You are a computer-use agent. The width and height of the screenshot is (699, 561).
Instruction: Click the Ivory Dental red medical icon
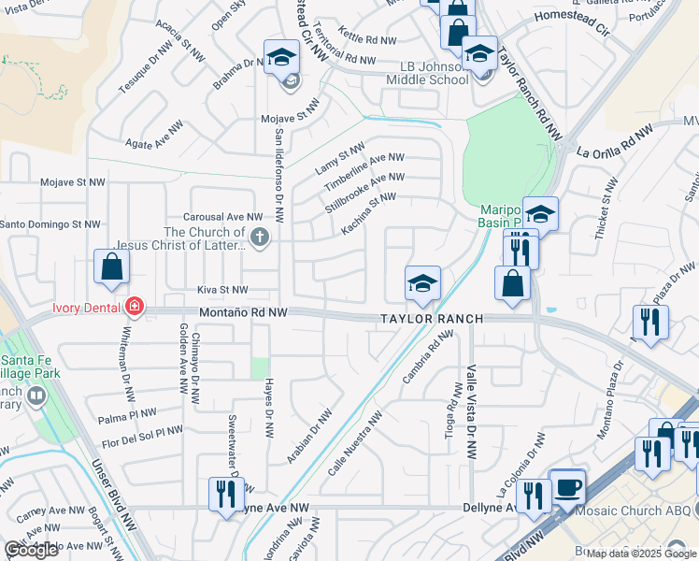pos(135,307)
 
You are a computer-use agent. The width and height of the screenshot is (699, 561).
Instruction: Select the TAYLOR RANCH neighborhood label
pos(432,319)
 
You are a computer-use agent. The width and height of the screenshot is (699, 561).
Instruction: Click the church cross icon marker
pos(260,238)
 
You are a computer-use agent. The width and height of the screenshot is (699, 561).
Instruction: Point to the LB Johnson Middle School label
pos(427,74)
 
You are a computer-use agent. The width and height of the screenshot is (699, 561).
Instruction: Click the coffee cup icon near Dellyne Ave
pos(567,487)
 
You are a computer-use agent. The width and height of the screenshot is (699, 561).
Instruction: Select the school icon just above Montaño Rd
pos(422,283)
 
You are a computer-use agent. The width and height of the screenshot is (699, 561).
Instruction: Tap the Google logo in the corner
pos(32,550)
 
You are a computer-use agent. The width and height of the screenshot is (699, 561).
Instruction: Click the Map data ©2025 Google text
pos(641,554)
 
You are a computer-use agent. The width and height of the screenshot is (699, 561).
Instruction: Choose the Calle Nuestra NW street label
pos(355,447)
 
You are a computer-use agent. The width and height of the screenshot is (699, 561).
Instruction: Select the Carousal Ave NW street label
pos(220,216)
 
